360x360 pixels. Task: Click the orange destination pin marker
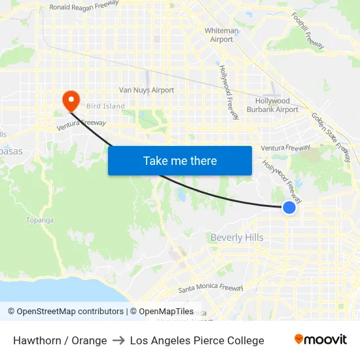click(70, 100)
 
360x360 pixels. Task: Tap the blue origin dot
click(289, 207)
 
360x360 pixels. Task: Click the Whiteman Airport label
click(221, 35)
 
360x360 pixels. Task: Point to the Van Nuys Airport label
click(146, 90)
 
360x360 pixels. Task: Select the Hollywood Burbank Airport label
click(272, 105)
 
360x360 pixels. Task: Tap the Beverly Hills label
click(236, 238)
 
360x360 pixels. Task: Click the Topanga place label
click(39, 220)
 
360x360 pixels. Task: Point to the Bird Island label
click(105, 106)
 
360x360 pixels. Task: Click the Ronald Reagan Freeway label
click(84, 6)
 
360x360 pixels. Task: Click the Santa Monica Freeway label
click(211, 287)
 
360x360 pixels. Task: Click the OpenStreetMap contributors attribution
click(65, 312)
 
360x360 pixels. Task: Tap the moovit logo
click(321, 340)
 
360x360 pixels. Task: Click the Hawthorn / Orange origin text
click(60, 340)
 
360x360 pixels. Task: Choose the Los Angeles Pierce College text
click(197, 340)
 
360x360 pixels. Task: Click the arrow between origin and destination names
click(118, 340)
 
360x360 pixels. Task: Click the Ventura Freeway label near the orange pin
click(81, 123)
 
